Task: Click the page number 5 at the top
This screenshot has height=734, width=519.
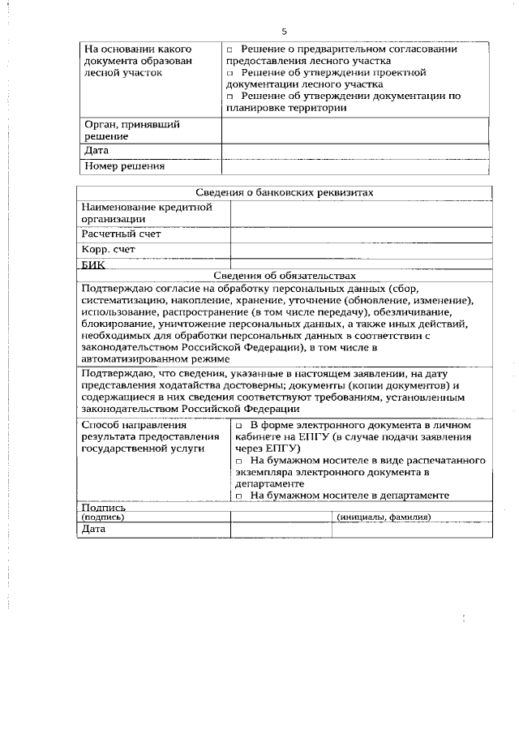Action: pyautogui.click(x=284, y=32)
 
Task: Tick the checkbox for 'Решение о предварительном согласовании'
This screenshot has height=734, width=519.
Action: pyautogui.click(x=229, y=50)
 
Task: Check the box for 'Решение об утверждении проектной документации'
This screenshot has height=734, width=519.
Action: pyautogui.click(x=229, y=73)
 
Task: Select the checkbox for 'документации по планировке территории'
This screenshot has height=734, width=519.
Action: pyautogui.click(x=229, y=97)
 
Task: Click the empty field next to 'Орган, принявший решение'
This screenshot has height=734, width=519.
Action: pyautogui.click(x=355, y=131)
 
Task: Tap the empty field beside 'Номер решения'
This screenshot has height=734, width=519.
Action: pyautogui.click(x=355, y=167)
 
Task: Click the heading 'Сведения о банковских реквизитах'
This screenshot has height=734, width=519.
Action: pyautogui.click(x=285, y=193)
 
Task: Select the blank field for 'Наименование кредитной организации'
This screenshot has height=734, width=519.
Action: pyautogui.click(x=362, y=212)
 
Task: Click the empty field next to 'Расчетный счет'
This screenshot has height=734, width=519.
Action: pyautogui.click(x=362, y=234)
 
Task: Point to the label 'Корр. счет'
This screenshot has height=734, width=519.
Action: pyautogui.click(x=108, y=250)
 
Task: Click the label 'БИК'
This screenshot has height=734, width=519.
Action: pyautogui.click(x=94, y=264)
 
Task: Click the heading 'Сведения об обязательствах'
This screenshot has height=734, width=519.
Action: pyautogui.click(x=285, y=276)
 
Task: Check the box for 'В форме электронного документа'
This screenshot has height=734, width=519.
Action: pyautogui.click(x=239, y=426)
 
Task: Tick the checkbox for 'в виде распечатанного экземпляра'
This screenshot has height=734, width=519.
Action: pyautogui.click(x=239, y=460)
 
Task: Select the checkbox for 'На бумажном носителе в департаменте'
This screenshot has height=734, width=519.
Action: pyautogui.click(x=239, y=494)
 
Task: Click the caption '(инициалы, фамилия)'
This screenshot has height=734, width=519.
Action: pyautogui.click(x=383, y=517)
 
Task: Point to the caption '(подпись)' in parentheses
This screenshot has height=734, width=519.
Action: pyautogui.click(x=104, y=517)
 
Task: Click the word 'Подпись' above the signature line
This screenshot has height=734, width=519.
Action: pyautogui.click(x=104, y=507)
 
